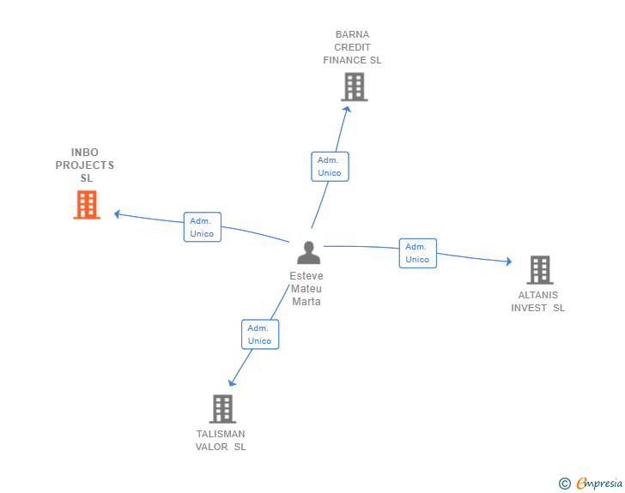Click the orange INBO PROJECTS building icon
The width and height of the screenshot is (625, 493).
(87, 205)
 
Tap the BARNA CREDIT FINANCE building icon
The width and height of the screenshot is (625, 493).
(354, 87)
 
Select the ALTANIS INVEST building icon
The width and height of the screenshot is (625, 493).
(539, 270)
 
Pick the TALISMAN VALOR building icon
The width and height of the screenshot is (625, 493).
(222, 409)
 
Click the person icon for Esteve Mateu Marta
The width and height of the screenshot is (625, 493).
(308, 253)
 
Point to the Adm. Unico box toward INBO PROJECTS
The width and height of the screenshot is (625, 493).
(203, 227)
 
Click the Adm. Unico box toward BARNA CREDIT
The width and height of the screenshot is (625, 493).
(330, 166)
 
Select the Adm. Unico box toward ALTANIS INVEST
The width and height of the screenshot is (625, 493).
(418, 253)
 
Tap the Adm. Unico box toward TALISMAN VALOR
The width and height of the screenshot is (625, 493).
(260, 334)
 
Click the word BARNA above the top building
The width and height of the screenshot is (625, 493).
(353, 35)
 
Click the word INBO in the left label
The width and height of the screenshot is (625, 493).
(85, 153)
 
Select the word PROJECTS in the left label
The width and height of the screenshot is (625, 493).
(85, 165)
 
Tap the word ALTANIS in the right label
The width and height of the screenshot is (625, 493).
(538, 295)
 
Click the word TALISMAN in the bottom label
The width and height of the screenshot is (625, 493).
(221, 434)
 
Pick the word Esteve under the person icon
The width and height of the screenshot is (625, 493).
(306, 276)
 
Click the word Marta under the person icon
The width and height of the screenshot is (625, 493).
(306, 301)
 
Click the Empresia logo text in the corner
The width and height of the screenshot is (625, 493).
(599, 484)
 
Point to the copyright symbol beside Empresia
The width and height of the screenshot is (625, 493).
(564, 484)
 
